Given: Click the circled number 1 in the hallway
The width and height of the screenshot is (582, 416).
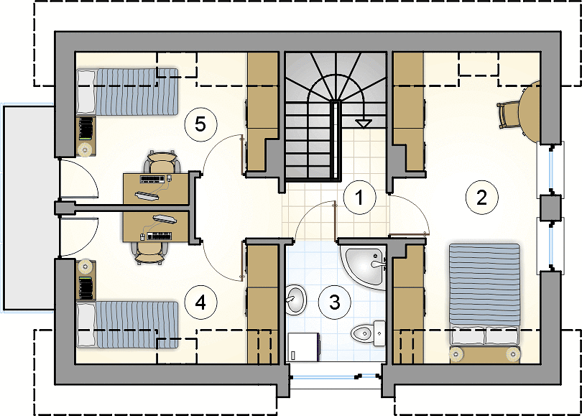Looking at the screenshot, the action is coord(359,198).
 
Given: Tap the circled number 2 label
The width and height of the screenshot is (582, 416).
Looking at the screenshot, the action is coord(481,198).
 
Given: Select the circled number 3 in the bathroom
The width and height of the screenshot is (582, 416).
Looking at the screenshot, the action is coord(335,302).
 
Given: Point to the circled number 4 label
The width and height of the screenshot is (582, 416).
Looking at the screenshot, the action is coord(200,302).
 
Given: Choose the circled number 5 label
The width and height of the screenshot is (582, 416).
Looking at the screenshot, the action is coord(200,124).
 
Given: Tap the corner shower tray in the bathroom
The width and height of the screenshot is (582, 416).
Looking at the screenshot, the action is coord(364,267).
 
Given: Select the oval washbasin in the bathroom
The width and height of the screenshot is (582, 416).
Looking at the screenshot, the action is coord(296,299).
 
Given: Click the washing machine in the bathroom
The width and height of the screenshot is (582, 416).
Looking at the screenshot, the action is coord(304,346).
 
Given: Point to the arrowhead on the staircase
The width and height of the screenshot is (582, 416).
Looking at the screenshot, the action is coord(364,124).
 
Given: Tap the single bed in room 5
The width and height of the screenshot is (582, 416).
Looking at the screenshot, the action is coord(127,91).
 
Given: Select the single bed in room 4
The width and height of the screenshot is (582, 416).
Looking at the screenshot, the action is coord(127,325).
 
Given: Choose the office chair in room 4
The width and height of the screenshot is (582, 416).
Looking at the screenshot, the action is coord(149,253).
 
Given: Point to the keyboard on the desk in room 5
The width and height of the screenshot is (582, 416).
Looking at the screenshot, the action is coord(152,179).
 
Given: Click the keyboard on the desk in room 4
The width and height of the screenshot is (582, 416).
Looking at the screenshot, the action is coord(160,235).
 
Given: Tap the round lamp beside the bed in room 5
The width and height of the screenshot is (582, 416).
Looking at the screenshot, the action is coord(85,149).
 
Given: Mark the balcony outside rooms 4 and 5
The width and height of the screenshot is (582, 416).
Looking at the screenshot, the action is coord(29,208).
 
